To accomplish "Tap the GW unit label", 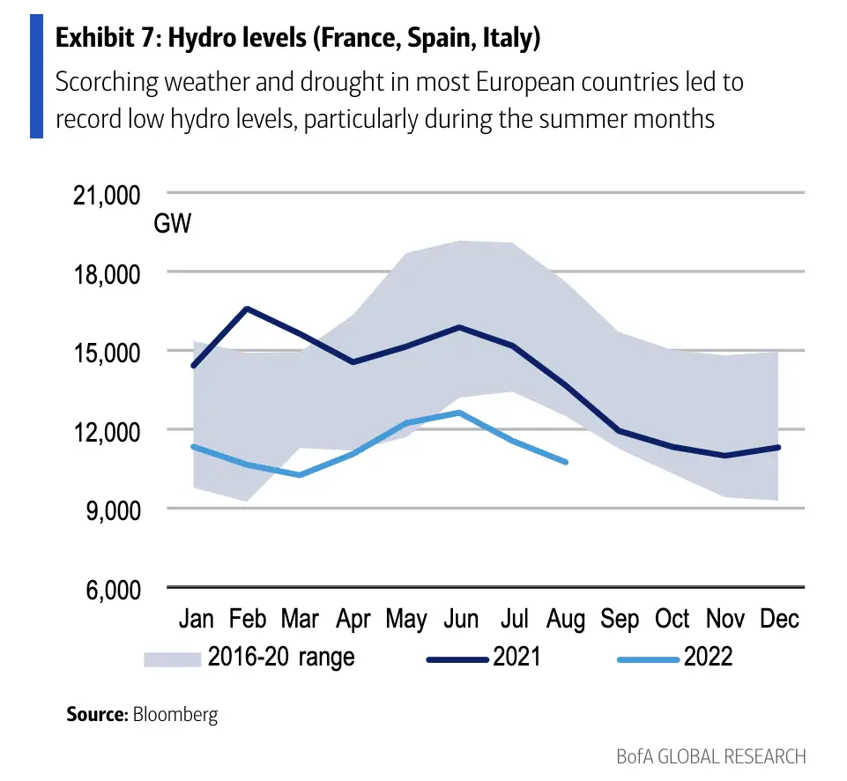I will [173, 224].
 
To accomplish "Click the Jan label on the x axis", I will [196, 619].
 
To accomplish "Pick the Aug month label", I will [566, 619].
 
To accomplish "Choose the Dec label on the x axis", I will [779, 619].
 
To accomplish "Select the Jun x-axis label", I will [460, 619].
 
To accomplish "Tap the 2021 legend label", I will [516, 658].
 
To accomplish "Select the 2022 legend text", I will [708, 658].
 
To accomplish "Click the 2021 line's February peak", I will [248, 309].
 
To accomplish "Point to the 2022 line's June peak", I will [459, 412].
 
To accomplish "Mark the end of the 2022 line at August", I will [566, 462].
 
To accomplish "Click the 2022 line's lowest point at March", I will [301, 475].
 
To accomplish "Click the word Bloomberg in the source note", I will [175, 714].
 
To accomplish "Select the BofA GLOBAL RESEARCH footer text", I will [710, 756].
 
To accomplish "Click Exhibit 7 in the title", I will [103, 39].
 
